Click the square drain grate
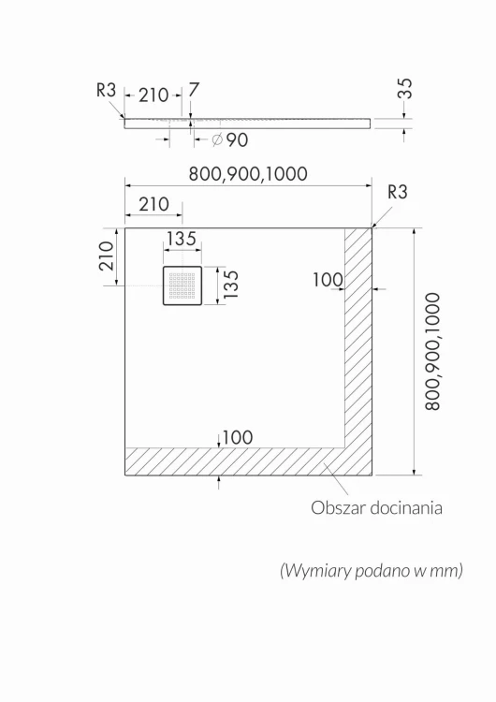pos(182,285)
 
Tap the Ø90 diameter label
pos(230,140)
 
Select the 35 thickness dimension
pos(404,88)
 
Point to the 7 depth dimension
pos(194,90)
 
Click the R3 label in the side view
pos(106,90)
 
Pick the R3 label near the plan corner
pos(398,192)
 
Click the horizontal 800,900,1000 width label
pos(248,174)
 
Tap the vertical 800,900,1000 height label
pos(433,352)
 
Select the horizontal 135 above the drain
pos(182,239)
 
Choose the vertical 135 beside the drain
pos(231,285)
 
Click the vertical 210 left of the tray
pos(107,256)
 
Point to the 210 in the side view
pos(153,95)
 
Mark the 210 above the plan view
pos(153,204)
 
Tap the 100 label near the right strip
pos(328,280)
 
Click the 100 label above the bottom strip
pos(238,437)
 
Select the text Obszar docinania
pos(376,507)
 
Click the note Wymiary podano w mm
pos(372,570)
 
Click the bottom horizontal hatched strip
pos(248,461)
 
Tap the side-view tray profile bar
pos(248,124)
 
